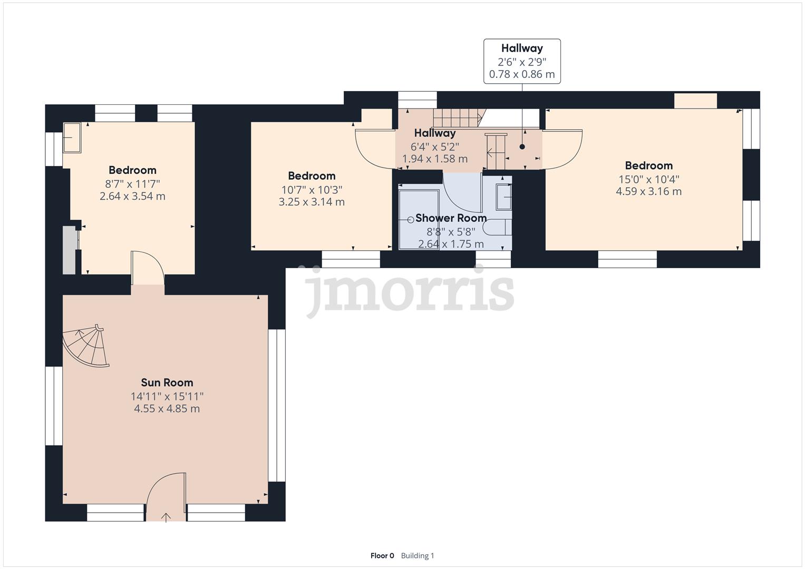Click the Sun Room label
point(167,382)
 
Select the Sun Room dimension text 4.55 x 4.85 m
point(167,409)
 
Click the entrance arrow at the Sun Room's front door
point(166,517)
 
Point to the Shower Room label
point(451,218)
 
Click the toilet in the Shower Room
point(496,228)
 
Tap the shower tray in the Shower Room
point(419,219)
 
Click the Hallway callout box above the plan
point(522,61)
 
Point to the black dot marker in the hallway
point(522,147)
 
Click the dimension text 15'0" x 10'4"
point(648,179)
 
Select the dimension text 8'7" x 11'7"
point(132,184)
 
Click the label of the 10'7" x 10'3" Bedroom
point(312,176)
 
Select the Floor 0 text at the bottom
point(382,555)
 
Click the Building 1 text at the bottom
point(418,555)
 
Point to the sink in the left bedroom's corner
point(72,138)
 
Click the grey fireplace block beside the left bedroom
point(69,250)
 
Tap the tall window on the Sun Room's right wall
point(276,406)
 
